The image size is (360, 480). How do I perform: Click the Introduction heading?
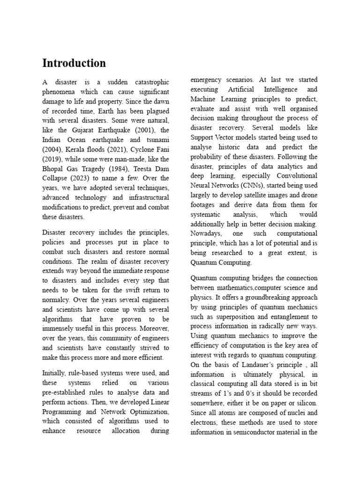pyautogui.click(x=74, y=63)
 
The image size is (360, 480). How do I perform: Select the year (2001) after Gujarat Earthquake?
pyautogui.click(x=146, y=130)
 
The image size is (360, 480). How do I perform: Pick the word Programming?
pyautogui.click(x=63, y=412)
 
